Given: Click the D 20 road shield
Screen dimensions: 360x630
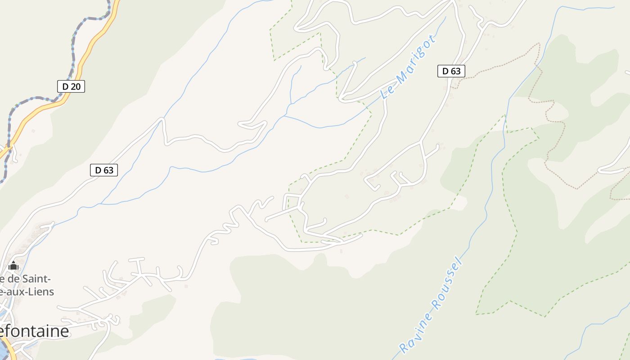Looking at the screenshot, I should (x=71, y=86).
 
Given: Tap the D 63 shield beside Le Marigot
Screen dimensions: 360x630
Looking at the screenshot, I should (x=451, y=71).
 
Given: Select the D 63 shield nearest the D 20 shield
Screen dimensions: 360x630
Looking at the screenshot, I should (x=104, y=170).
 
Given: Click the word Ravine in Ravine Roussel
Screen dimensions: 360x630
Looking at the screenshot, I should (x=417, y=328).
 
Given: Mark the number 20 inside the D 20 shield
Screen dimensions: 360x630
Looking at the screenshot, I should (x=75, y=86).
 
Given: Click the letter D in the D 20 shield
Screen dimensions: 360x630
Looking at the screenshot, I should (x=65, y=86).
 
